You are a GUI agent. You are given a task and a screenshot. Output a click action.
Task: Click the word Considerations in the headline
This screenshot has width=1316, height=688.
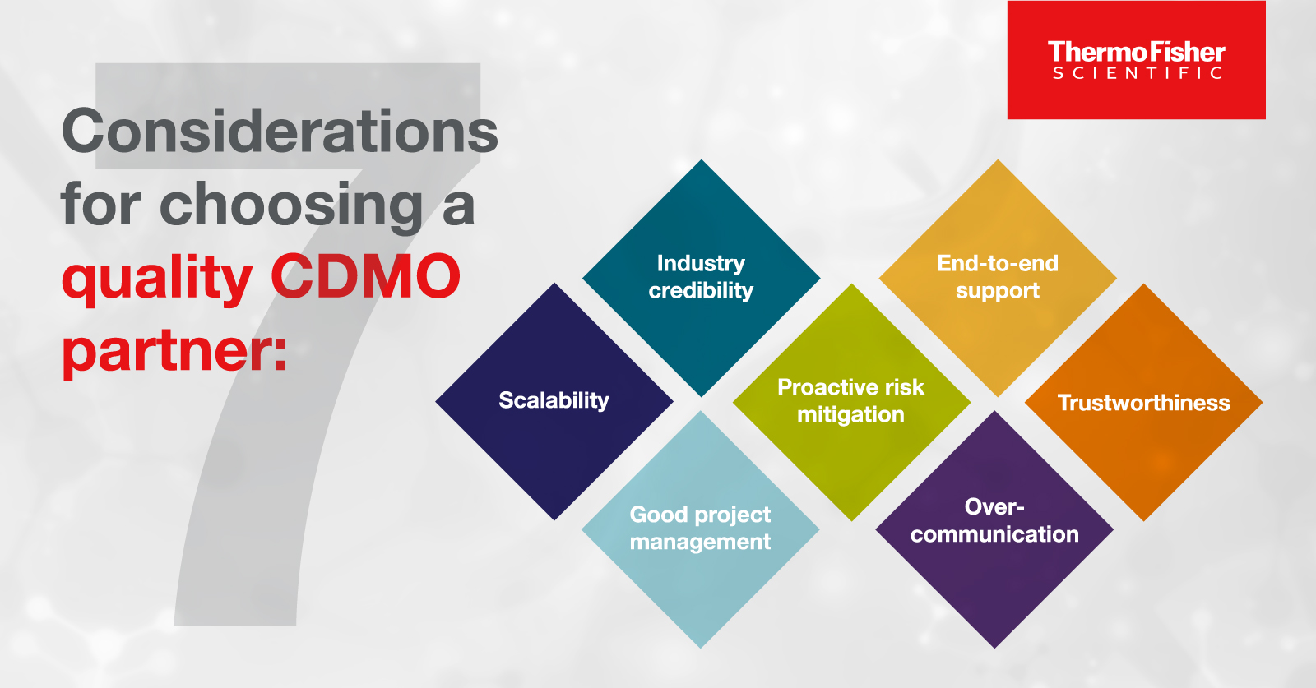[280, 131]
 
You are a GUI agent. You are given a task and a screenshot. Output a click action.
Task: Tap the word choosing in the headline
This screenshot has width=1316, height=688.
[291, 207]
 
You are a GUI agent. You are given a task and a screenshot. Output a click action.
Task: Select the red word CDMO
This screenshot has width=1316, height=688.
[365, 276]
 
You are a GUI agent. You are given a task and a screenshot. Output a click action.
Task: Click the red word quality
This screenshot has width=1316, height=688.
[157, 279]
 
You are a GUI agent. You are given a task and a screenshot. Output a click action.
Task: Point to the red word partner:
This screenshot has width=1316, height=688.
[174, 352]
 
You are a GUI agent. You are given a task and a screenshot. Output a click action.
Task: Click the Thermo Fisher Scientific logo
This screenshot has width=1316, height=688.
[1136, 60]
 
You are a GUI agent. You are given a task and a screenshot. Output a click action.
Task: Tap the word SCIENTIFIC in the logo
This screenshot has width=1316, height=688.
[1138, 73]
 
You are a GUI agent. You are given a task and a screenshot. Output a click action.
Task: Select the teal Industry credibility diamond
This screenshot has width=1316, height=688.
[701, 278]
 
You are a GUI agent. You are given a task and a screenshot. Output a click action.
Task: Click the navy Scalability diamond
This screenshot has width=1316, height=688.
[554, 401]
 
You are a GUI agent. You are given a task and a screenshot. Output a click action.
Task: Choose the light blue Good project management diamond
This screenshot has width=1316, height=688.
[700, 529]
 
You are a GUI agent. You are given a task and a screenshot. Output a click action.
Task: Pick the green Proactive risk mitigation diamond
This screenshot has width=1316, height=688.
[851, 402]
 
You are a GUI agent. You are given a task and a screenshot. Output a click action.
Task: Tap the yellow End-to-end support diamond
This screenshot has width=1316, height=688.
[998, 278]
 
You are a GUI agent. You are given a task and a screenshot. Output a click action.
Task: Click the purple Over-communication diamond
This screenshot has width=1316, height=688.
[994, 529]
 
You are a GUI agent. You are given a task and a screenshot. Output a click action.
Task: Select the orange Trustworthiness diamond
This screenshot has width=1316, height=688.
[1144, 402]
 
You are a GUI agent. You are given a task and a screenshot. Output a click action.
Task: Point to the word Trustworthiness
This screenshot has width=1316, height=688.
[1144, 403]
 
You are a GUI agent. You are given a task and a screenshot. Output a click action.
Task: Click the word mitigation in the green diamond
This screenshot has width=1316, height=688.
[850, 415]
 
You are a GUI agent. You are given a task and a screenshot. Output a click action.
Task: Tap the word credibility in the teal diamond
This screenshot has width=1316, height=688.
[701, 291]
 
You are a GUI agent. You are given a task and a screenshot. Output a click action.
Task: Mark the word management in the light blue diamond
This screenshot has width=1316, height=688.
[700, 542]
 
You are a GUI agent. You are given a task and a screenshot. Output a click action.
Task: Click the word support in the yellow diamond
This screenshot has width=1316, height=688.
[998, 291]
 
